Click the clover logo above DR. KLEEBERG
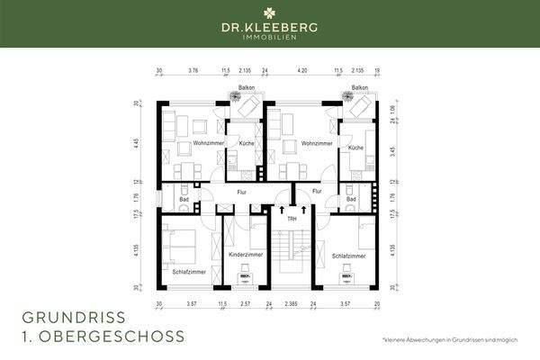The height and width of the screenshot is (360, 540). [x=269, y=14]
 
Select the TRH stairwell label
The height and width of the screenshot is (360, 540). [x=291, y=219]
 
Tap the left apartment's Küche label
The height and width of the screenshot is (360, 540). [x=246, y=146]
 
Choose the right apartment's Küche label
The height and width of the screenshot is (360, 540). [x=355, y=146]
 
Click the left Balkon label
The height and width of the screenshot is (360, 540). [x=245, y=88]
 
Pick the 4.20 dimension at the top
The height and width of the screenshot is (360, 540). [x=302, y=69]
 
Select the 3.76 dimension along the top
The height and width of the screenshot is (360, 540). [x=193, y=69]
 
